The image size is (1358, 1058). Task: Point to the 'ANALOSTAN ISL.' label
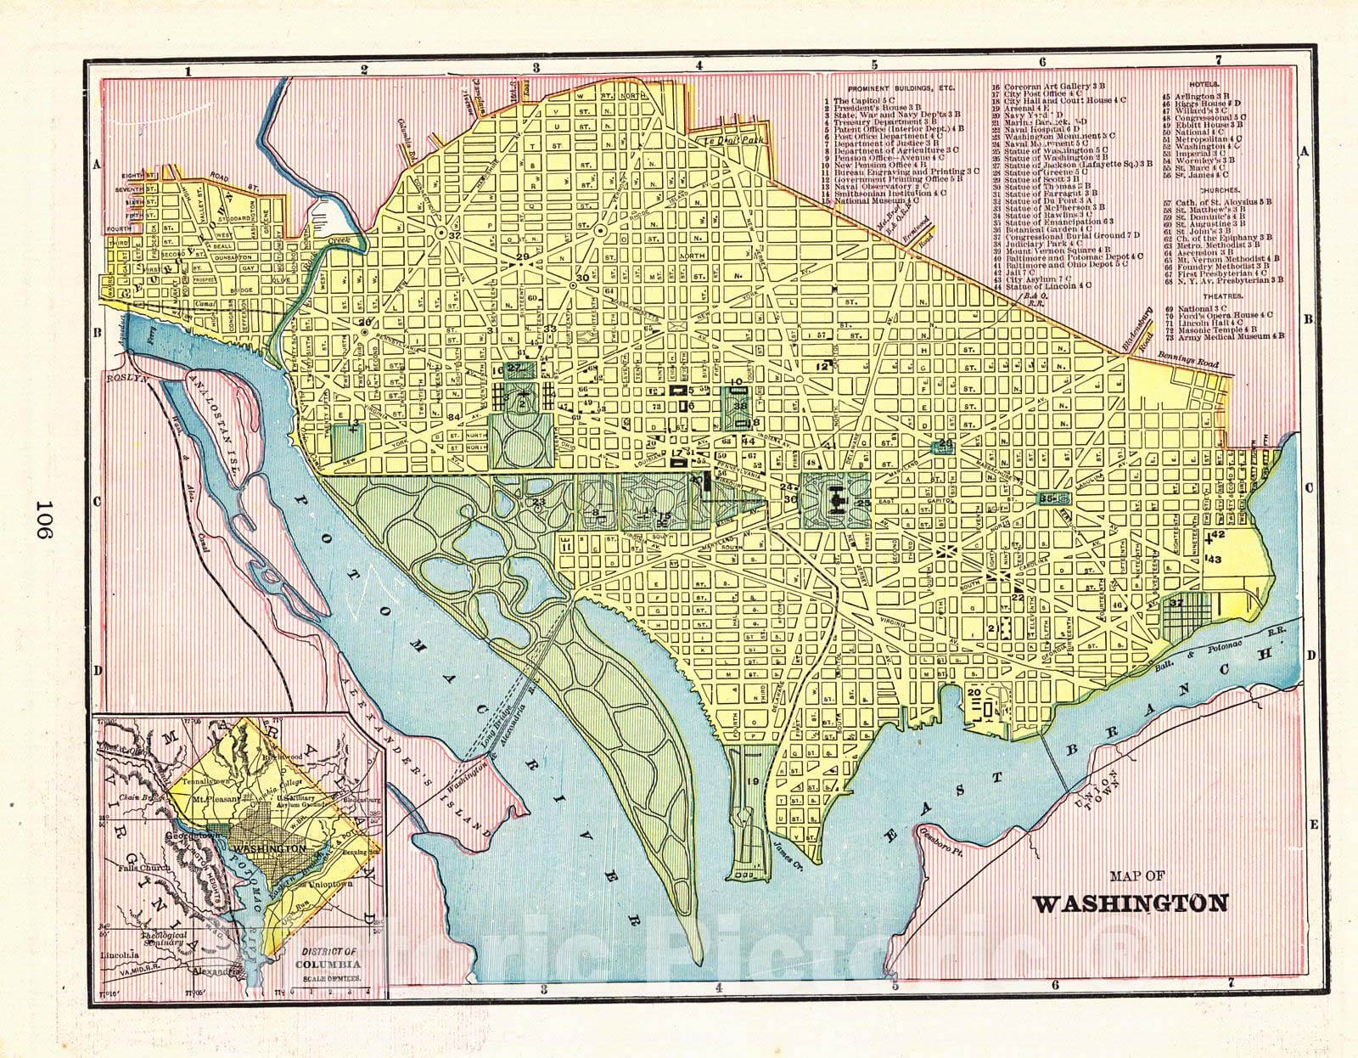(219, 413)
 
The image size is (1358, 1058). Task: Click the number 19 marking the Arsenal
(752, 780)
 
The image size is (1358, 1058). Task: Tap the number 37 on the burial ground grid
(1176, 603)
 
